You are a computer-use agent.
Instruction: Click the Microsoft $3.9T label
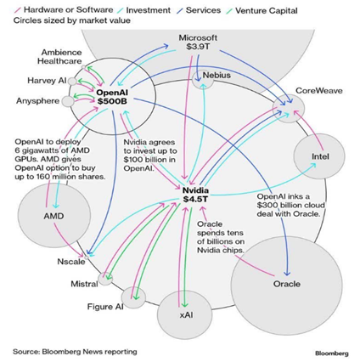pyautogui.click(x=198, y=42)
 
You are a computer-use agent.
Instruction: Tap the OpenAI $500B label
pyautogui.click(x=112, y=97)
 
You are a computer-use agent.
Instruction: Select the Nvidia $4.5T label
pyautogui.click(x=195, y=195)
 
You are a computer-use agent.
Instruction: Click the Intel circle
pyautogui.click(x=319, y=156)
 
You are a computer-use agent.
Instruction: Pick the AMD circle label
pyautogui.click(x=53, y=216)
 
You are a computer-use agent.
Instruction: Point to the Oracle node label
pyautogui.click(x=287, y=284)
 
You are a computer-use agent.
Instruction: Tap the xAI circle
pyautogui.click(x=184, y=315)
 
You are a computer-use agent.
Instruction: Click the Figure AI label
pyautogui.click(x=105, y=307)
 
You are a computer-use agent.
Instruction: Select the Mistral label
pyautogui.click(x=84, y=284)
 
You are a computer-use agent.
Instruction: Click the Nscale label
pyautogui.click(x=71, y=262)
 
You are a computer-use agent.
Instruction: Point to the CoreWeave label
pyautogui.click(x=319, y=91)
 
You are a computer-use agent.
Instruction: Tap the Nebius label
pyautogui.click(x=217, y=76)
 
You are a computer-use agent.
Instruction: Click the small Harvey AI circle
pyautogui.click(x=72, y=82)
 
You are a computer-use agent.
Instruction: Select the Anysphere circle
pyautogui.click(x=68, y=101)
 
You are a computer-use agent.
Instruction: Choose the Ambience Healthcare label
pyautogui.click(x=59, y=57)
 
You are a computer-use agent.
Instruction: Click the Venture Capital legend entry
pyautogui.click(x=262, y=11)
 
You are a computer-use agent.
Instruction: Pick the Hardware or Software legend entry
pyautogui.click(x=64, y=9)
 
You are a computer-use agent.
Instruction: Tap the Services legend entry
pyautogui.click(x=199, y=10)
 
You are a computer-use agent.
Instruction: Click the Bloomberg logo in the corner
pyautogui.click(x=332, y=354)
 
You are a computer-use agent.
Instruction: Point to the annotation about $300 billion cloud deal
pyautogui.click(x=290, y=205)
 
